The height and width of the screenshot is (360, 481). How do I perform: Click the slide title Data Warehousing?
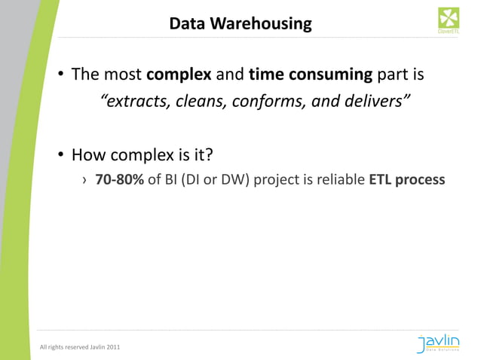click(240, 24)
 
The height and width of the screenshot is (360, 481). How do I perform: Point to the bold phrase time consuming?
click(310, 75)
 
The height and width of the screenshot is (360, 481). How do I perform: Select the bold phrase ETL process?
click(406, 181)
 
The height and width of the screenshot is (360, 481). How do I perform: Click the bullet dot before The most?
click(59, 76)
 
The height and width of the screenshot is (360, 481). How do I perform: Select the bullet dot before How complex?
click(59, 156)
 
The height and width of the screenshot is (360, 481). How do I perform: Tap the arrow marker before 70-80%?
click(84, 182)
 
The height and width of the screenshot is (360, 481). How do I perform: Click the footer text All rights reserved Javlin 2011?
click(79, 347)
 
